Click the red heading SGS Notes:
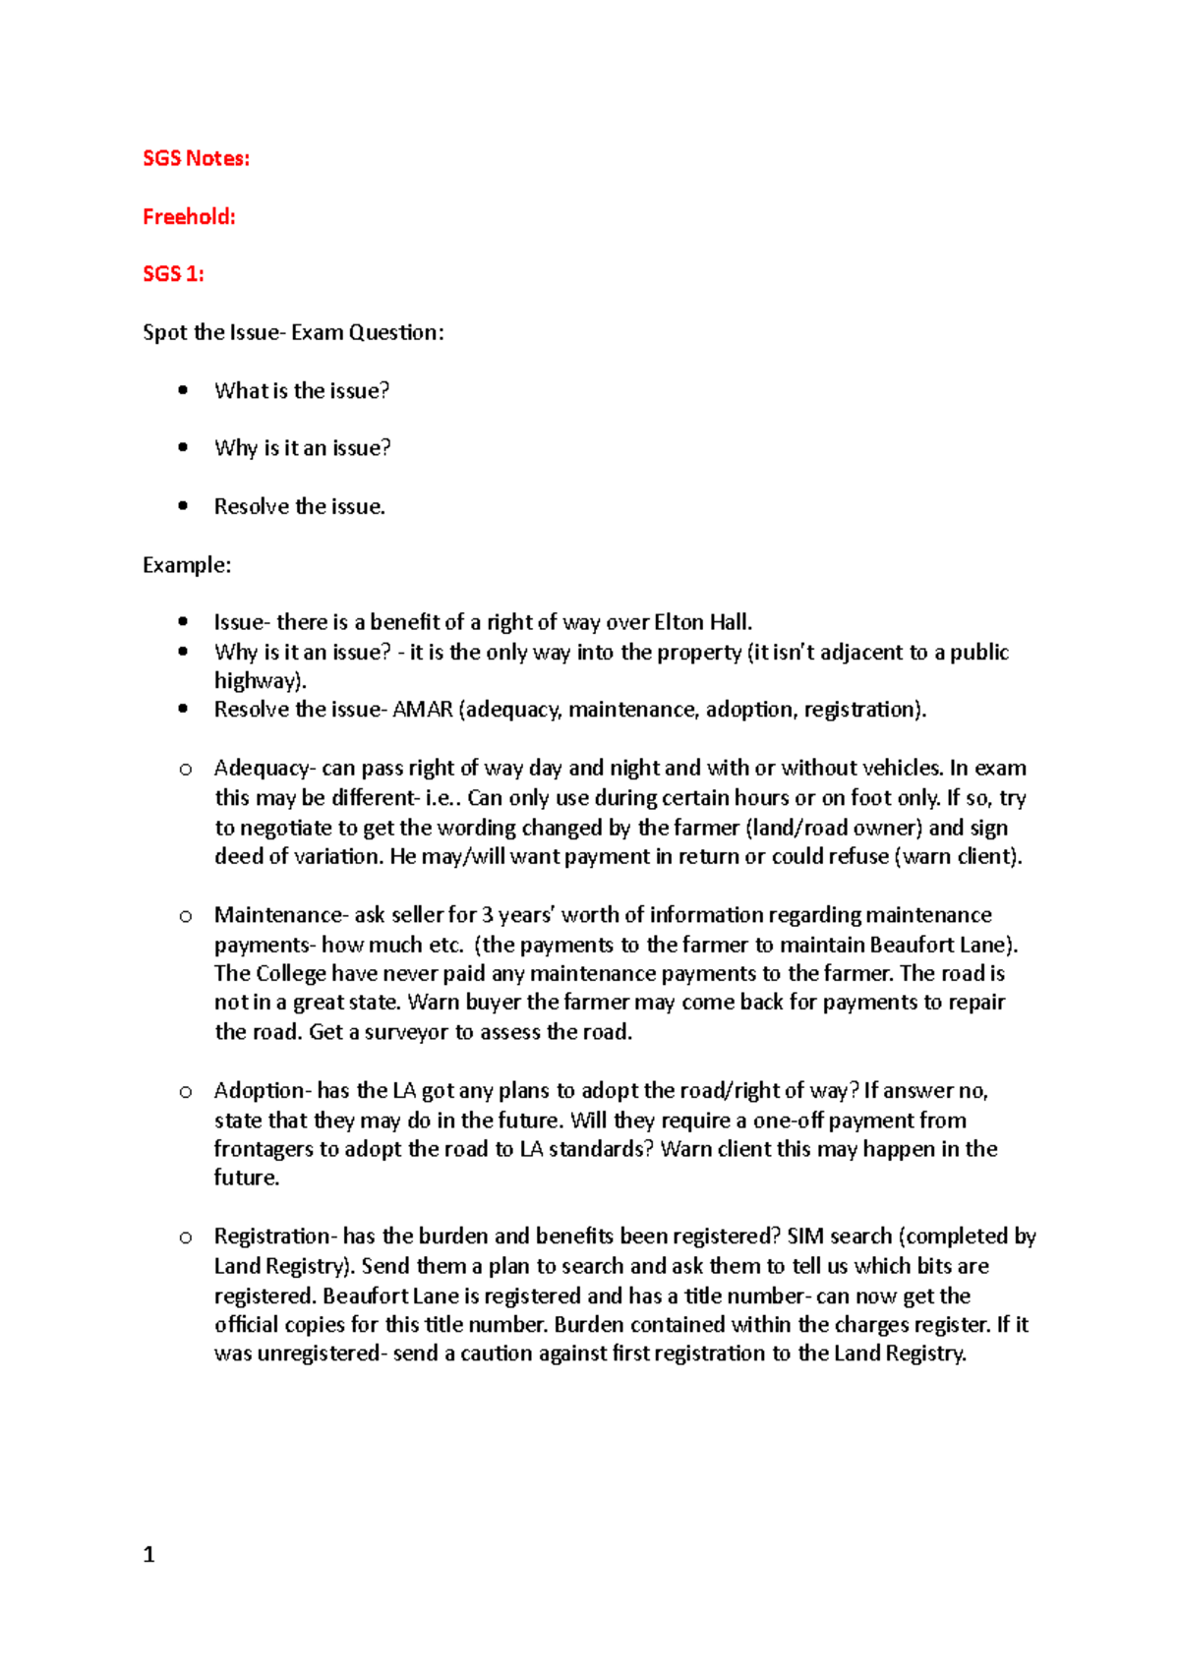[x=196, y=158]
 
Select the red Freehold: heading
[x=189, y=216]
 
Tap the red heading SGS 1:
[x=173, y=274]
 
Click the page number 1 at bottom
[x=148, y=1554]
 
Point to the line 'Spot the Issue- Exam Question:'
[x=293, y=332]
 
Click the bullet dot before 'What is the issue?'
[x=183, y=390]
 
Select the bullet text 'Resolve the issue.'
[x=299, y=506]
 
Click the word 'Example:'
[x=187, y=565]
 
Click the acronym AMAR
[x=422, y=710]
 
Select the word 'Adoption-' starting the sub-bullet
[x=263, y=1090]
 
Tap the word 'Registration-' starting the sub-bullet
[x=275, y=1237]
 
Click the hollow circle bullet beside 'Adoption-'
[x=185, y=1091]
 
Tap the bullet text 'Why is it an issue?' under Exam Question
[x=302, y=448]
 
